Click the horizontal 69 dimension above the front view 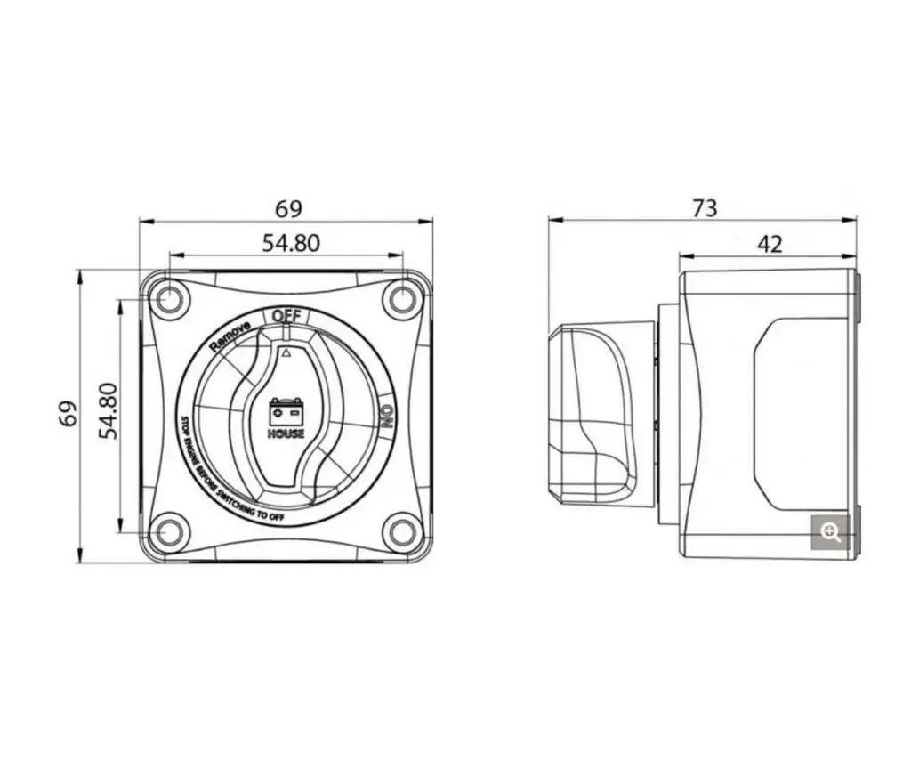coord(289,209)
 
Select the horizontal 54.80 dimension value coord(291,243)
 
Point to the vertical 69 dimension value coord(69,413)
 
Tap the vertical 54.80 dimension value coord(108,410)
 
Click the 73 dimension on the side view coord(705,208)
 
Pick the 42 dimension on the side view coord(770,244)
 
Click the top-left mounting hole coord(166,299)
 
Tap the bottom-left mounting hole coord(167,531)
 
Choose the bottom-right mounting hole coord(403,532)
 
